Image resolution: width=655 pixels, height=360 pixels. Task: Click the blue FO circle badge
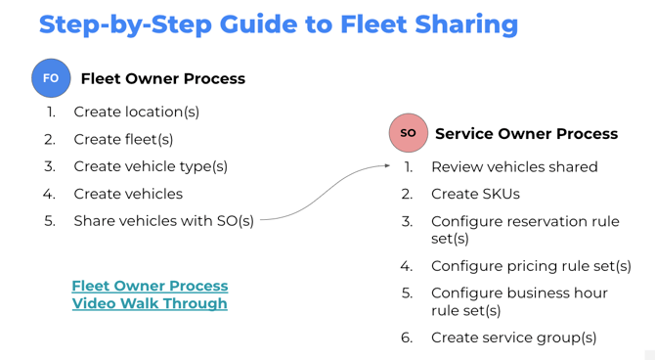51,78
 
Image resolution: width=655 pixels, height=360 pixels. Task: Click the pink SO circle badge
409,133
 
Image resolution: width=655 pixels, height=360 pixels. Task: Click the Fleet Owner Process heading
162,78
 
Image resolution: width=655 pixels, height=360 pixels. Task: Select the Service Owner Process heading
526,133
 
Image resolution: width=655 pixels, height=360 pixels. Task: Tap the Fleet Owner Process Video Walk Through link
150,294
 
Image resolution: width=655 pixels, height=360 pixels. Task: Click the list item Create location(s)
136,112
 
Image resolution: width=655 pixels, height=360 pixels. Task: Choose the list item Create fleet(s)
123,139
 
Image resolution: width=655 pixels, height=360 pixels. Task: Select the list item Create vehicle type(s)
151,166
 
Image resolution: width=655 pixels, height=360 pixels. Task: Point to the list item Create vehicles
128,194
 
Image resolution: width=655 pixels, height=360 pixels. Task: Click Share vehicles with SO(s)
163,221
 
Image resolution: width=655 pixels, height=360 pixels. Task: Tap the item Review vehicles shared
514,167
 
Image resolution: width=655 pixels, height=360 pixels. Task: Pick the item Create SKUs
475,194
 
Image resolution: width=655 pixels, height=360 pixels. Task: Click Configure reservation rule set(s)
525,230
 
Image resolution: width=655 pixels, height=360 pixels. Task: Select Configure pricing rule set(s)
531,266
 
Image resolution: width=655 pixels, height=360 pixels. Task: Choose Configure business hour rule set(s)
519,301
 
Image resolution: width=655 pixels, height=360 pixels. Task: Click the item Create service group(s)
513,337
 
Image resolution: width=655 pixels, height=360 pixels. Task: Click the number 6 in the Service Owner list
407,337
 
